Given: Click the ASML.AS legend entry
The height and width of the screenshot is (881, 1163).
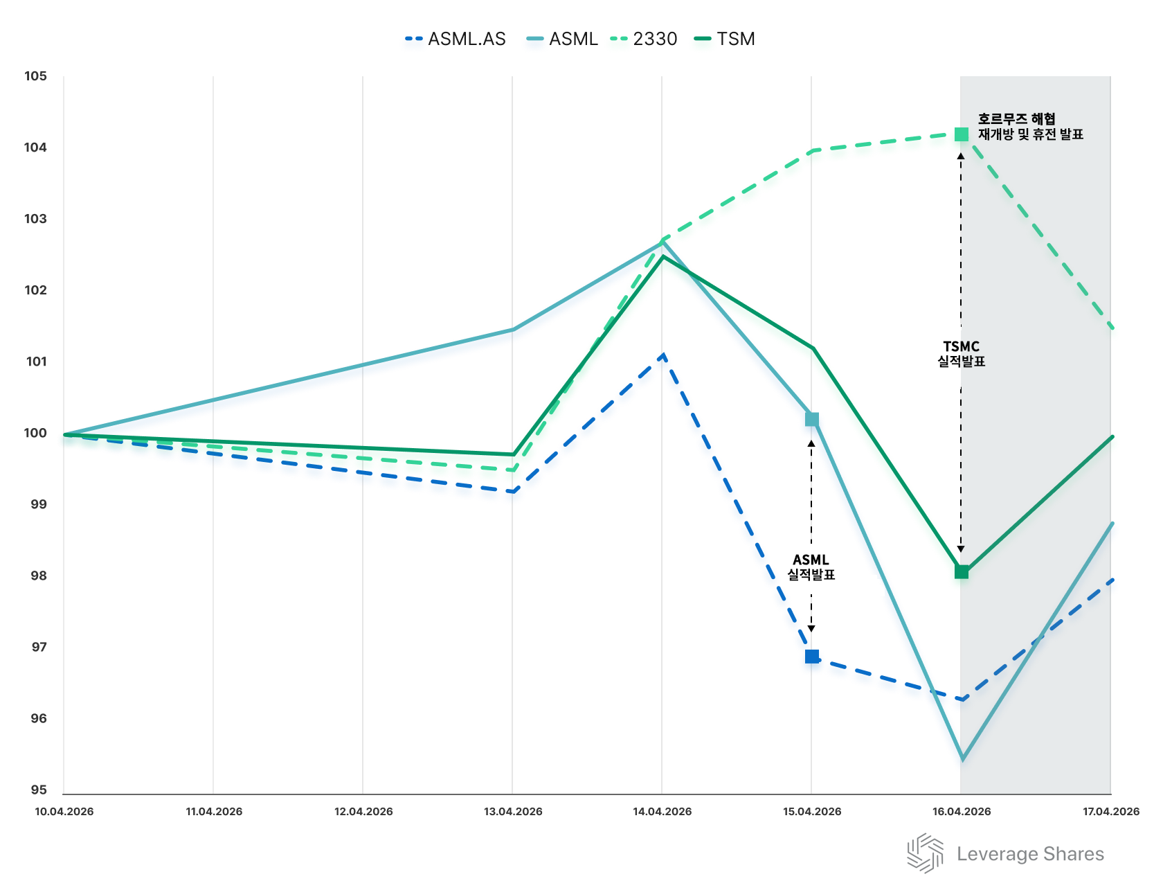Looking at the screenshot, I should [x=457, y=39].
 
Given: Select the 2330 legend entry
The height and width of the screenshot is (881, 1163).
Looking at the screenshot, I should [x=644, y=39].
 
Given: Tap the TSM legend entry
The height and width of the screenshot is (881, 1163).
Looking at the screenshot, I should [x=725, y=39].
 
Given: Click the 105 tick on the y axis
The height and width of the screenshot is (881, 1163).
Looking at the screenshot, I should [x=35, y=76].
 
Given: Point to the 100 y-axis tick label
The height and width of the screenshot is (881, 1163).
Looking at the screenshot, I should [x=35, y=433].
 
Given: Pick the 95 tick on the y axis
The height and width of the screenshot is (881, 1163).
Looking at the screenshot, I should [x=38, y=790].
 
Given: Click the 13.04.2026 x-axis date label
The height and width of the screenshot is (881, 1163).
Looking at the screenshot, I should [x=513, y=812].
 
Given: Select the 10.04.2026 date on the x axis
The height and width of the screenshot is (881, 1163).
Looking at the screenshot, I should [x=64, y=812].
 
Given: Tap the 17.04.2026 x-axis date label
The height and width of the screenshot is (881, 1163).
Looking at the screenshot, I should [x=1111, y=812].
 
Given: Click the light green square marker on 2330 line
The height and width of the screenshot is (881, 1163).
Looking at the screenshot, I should [x=962, y=134].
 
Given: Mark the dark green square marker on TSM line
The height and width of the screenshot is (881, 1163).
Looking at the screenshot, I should [x=962, y=571].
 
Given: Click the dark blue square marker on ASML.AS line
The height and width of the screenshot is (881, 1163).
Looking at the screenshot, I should [x=812, y=656].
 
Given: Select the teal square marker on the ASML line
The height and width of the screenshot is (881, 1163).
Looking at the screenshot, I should [x=812, y=420].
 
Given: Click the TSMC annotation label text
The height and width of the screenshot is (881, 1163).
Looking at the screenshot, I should [x=962, y=353].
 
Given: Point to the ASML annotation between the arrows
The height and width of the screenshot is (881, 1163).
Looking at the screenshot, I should [x=811, y=567].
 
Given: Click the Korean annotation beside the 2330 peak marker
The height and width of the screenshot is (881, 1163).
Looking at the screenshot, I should [x=1030, y=127].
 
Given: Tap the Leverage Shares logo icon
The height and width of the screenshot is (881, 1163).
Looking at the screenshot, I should [x=926, y=853].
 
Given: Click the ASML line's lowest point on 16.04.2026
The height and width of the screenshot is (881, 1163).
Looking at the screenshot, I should [x=962, y=759].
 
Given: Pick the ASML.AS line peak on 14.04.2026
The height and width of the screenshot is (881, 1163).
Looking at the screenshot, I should [x=663, y=355].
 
